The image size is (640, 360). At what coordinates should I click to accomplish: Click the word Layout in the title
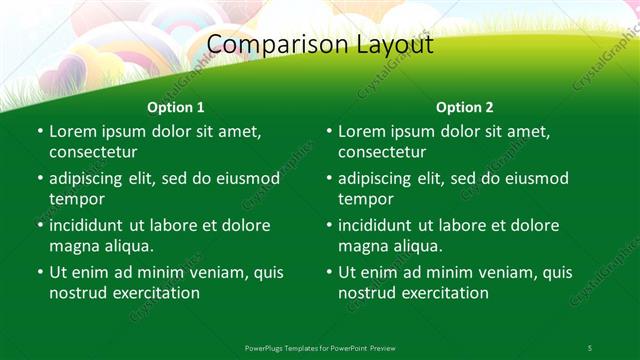coord(394,45)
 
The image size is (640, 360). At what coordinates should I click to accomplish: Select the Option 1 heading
coord(176,106)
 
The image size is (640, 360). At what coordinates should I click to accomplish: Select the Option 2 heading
coord(465,106)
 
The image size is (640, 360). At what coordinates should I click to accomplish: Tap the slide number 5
coord(589,347)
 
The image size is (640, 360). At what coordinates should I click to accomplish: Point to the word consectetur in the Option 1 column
coord(93,152)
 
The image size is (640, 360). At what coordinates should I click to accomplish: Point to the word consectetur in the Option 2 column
coord(382,152)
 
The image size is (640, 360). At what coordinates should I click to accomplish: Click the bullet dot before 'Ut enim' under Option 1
coord(39,272)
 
